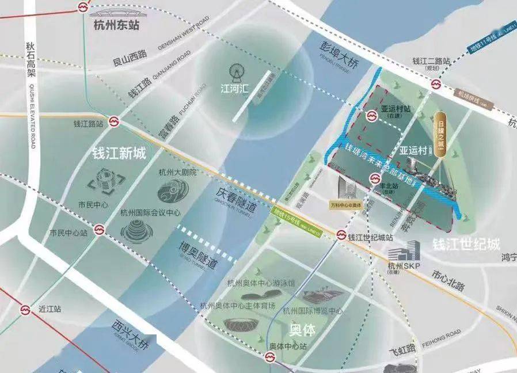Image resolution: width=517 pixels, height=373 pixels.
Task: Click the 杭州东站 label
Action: (116, 25)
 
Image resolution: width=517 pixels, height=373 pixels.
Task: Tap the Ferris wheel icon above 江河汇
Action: (235, 73)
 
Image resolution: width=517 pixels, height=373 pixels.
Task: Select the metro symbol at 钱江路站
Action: (115, 122)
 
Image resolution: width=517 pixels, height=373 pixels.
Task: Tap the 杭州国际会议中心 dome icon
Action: (136, 231)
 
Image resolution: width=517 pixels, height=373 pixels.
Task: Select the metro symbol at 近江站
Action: (25, 310)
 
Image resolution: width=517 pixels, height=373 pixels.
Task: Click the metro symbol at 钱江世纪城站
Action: (341, 236)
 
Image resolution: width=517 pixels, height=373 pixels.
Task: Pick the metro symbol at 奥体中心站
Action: (269, 357)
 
